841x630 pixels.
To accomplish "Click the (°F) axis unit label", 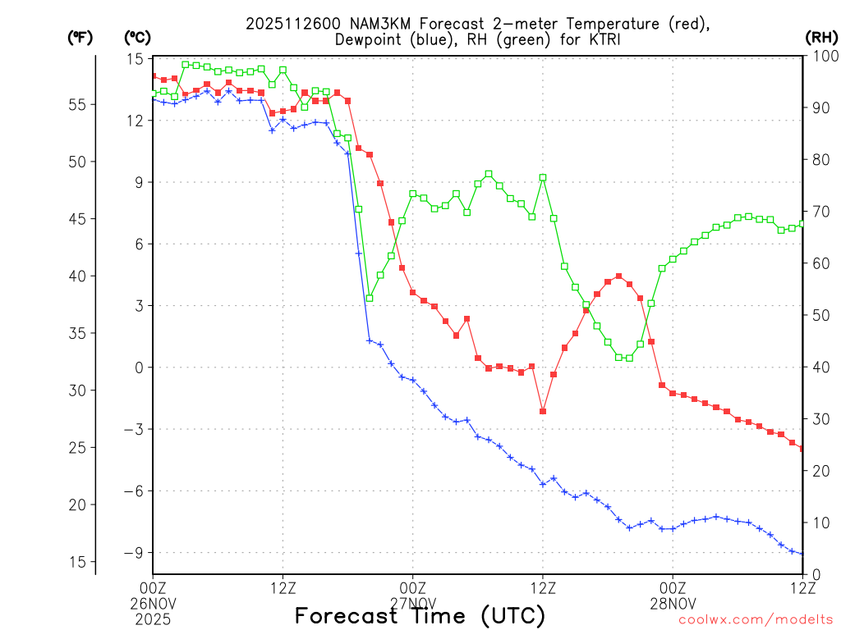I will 80,37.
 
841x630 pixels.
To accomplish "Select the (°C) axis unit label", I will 138,37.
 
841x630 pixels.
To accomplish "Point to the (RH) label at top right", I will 820,37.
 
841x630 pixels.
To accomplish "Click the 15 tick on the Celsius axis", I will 136,59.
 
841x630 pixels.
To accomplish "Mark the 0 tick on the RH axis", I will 813,574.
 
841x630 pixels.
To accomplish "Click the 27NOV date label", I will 412,602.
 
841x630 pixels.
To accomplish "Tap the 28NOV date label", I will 673,602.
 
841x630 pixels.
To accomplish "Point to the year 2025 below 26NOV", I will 153,618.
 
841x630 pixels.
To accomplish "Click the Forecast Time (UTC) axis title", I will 420,616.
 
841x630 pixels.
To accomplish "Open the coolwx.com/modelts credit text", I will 756,620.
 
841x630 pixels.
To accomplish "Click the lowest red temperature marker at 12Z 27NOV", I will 543,411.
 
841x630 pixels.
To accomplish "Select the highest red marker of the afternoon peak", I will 618,276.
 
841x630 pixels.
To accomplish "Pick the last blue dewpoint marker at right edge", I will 802,554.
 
